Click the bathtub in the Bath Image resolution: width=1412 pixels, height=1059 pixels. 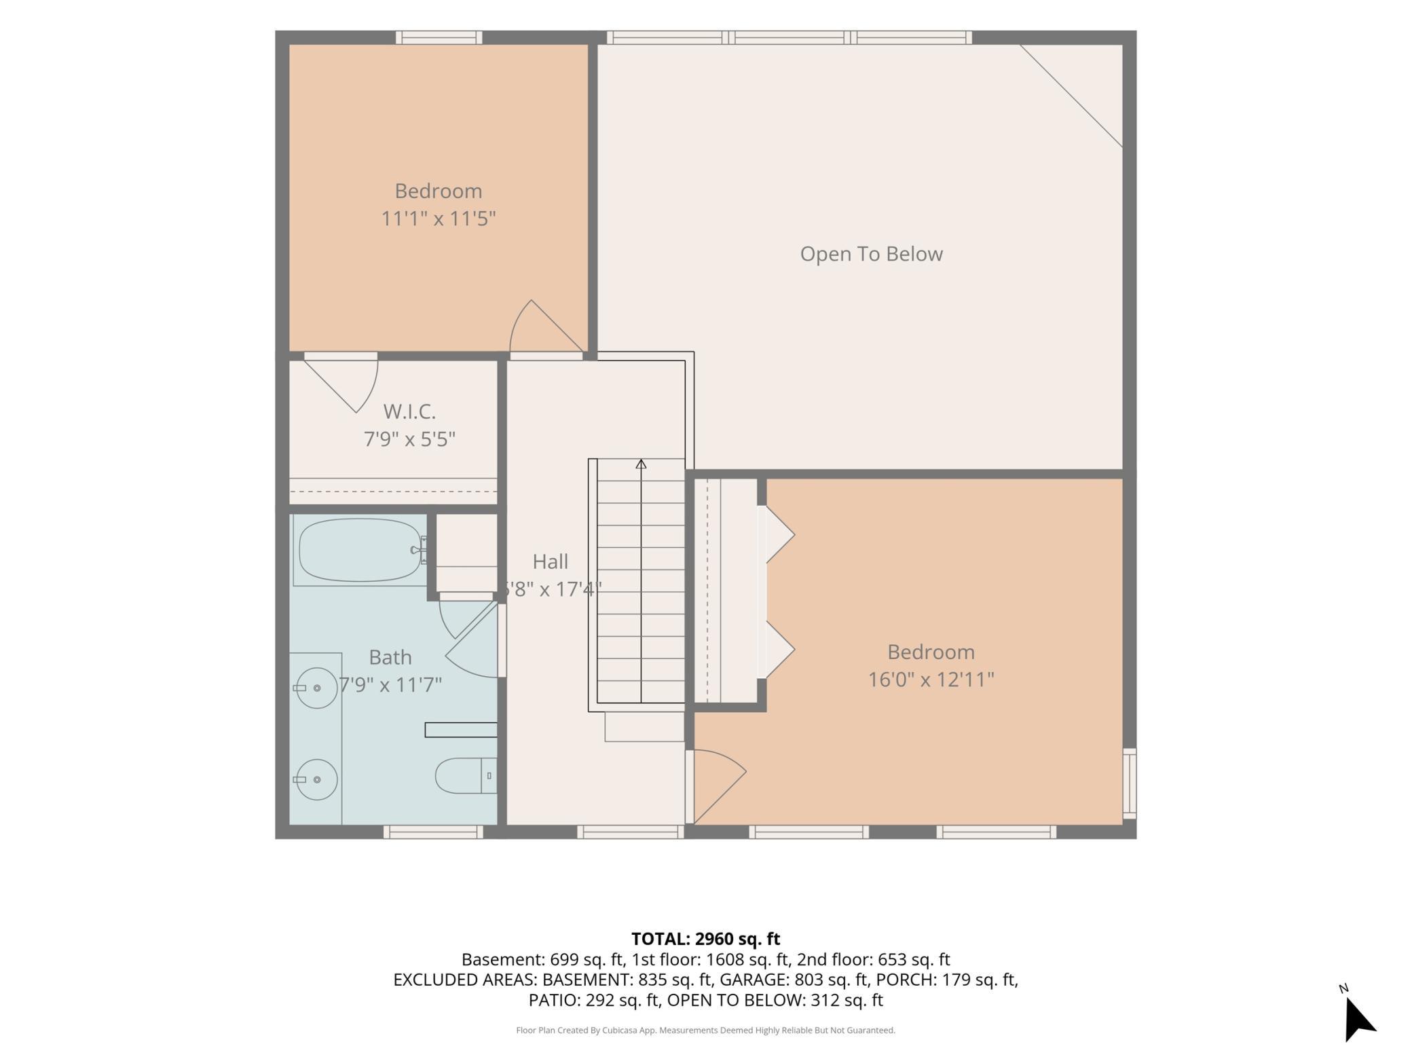(x=360, y=550)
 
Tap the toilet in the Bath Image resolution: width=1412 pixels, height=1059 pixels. (x=466, y=775)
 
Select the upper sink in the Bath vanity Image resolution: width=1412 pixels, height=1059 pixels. (x=316, y=688)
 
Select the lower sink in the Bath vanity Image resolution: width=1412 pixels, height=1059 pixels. (x=316, y=779)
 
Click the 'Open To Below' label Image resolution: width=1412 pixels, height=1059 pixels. (x=871, y=254)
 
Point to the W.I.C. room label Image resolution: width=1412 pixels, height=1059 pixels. (x=409, y=411)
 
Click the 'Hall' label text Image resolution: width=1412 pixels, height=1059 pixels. (x=550, y=561)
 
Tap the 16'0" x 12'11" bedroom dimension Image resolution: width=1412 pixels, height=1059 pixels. (x=931, y=680)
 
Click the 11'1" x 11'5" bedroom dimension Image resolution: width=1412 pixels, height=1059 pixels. (x=438, y=219)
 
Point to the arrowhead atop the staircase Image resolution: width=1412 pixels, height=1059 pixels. (x=641, y=464)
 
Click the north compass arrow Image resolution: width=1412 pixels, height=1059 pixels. (x=1358, y=1019)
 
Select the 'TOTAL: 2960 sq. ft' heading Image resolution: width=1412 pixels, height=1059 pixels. (x=705, y=939)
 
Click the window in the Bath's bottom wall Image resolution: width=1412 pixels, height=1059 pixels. (x=433, y=832)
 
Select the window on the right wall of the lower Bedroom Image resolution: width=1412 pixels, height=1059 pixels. (x=1129, y=783)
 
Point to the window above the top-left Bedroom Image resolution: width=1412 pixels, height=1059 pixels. (x=439, y=37)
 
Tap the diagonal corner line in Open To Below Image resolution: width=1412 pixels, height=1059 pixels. (x=1071, y=96)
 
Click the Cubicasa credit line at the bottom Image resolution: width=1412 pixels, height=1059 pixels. (x=705, y=1030)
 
